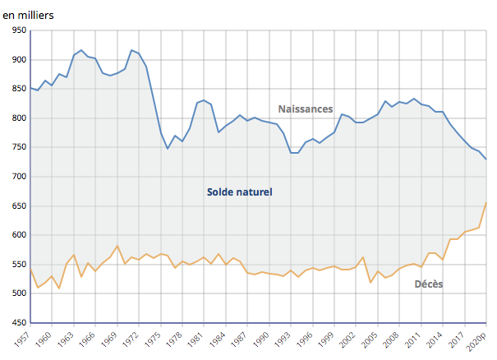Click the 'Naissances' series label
click(x=305, y=108)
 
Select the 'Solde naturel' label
click(x=239, y=192)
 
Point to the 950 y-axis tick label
click(x=18, y=30)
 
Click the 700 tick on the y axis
click(x=18, y=177)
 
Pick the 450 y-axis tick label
click(x=18, y=323)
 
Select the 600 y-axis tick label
click(x=18, y=235)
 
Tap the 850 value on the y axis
click(x=18, y=89)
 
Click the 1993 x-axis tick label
click(x=283, y=339)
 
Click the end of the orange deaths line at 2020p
click(x=486, y=202)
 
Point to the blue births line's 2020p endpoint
click(x=486, y=159)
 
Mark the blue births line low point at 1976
click(x=168, y=149)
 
